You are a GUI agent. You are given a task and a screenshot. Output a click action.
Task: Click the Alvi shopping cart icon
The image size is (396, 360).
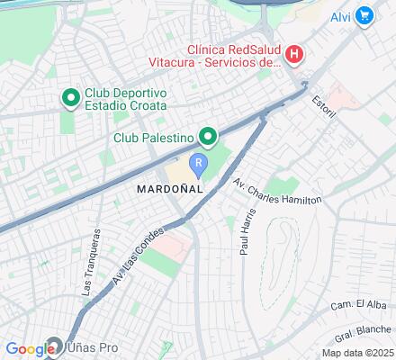coord(364,14)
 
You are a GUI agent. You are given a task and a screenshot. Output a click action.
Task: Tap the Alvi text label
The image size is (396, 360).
coord(339,15)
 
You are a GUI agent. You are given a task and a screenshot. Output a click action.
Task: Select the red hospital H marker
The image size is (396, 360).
coord(293,57)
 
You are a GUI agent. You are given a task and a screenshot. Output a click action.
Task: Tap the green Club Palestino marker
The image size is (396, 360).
coord(208,138)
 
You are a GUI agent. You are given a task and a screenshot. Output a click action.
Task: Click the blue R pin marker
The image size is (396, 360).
coord(198,163)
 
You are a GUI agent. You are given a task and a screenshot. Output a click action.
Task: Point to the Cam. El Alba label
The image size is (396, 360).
coord(351,305)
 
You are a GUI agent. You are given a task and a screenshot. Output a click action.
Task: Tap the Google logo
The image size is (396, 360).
coord(29,349)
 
